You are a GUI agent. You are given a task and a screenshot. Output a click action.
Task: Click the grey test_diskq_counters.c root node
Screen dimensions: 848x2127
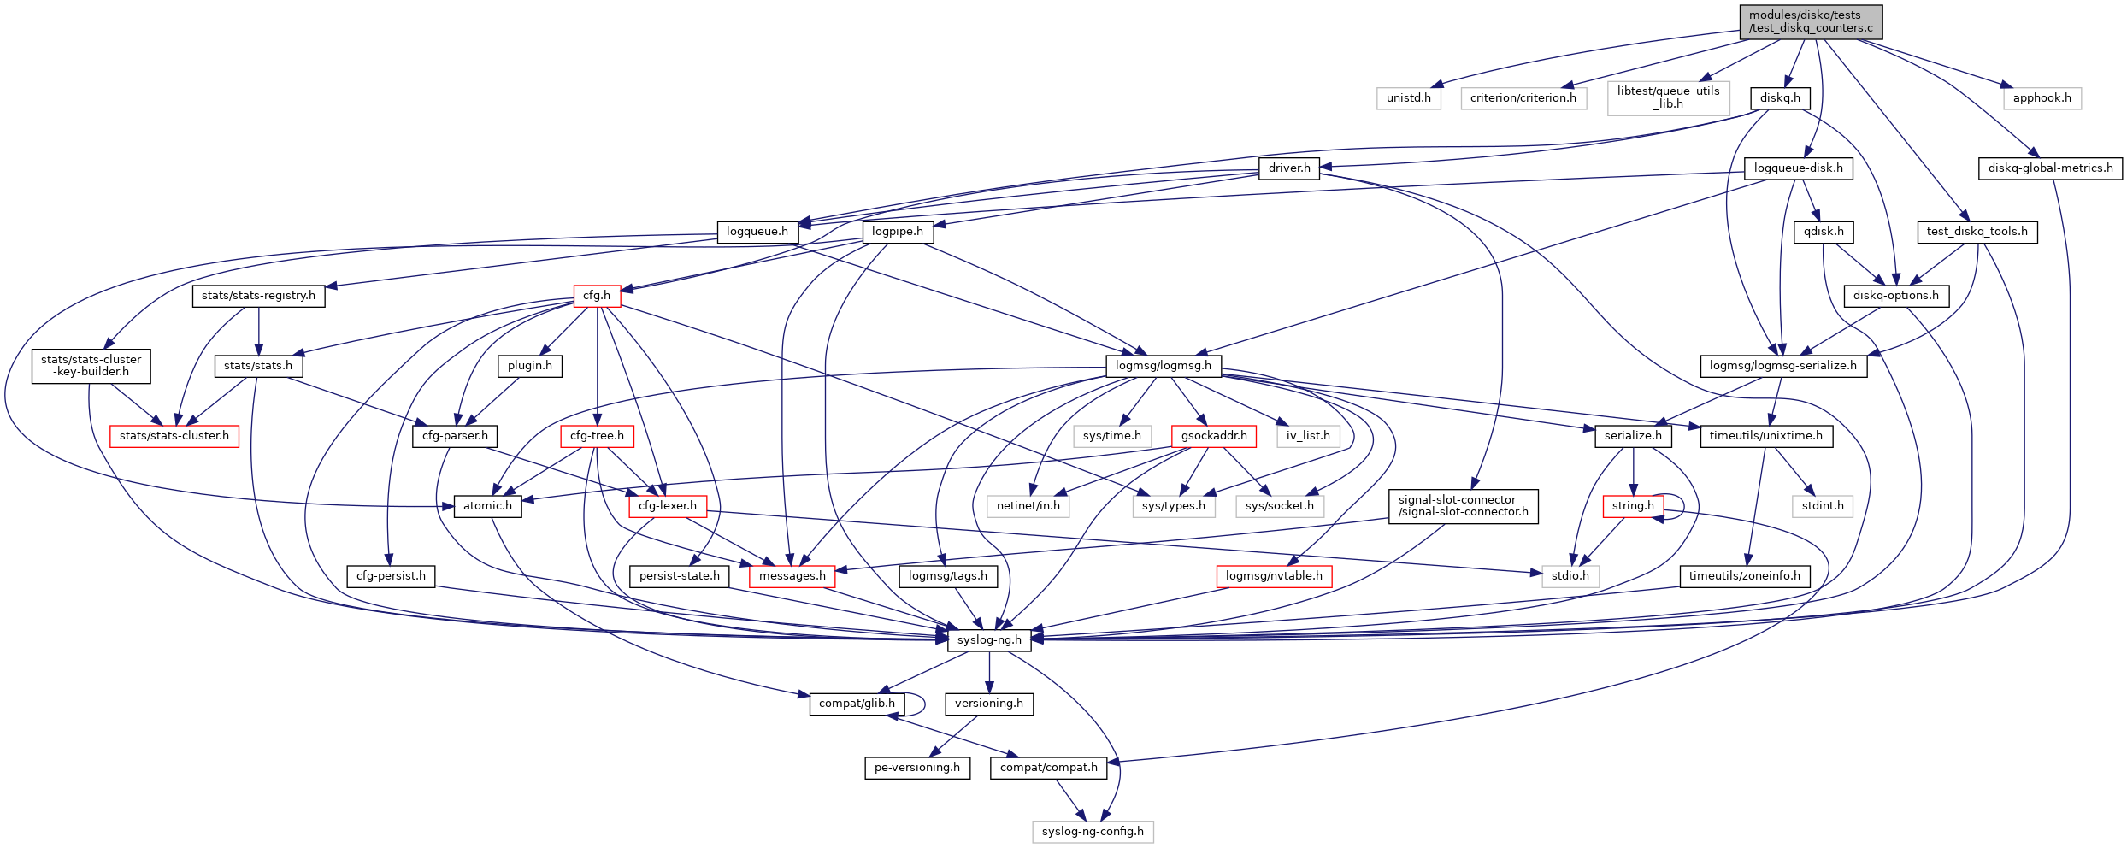pos(1810,21)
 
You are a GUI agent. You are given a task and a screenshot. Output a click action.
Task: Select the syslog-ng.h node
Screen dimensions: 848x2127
pos(989,640)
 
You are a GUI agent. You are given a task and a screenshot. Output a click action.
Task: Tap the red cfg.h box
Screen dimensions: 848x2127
pos(597,296)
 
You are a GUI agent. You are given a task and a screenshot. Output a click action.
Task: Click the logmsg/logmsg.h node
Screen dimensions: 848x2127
pos(1163,366)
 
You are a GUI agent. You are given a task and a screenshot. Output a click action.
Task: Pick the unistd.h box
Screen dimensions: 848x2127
pos(1408,98)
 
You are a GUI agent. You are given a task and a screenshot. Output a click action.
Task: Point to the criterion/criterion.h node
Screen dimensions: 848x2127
pos(1523,98)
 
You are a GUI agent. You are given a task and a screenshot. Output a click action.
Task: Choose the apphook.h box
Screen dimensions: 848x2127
pos(2042,98)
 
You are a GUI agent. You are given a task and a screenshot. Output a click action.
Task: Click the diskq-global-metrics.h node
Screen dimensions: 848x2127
pos(2049,168)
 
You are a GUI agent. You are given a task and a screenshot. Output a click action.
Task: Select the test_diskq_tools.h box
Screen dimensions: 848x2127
pos(1977,232)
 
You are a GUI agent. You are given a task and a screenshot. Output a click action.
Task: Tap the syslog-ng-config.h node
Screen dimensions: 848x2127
pos(1092,832)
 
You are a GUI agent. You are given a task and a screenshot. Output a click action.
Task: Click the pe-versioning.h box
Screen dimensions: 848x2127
pos(916,768)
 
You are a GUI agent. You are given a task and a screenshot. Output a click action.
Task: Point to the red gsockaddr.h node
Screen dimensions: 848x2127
pos(1213,436)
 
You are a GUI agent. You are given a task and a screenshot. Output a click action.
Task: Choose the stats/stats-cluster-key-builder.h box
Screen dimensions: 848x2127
pos(91,366)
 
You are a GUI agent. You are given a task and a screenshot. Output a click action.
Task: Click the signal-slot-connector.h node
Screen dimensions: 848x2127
pos(1463,506)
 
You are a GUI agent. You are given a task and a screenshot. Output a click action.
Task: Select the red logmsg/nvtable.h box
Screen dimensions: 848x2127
pos(1273,576)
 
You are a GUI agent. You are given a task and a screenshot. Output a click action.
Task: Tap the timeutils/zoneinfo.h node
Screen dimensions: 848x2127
pos(1744,576)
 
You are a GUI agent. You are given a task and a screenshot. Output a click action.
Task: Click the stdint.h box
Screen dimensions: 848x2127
pos(1822,506)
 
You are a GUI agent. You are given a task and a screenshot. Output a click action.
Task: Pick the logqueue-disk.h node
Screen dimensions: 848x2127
pos(1798,168)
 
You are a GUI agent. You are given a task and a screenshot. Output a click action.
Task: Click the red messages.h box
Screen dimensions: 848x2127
pos(792,576)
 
